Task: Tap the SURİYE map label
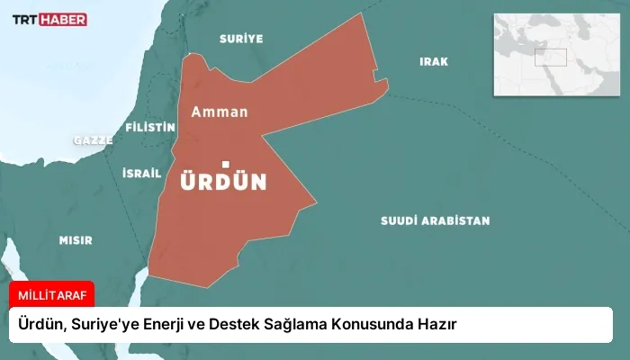point(241,39)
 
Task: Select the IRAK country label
point(433,61)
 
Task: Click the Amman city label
point(219,112)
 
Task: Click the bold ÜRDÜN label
point(223,182)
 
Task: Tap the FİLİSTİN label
point(150,127)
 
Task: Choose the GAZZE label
point(93,140)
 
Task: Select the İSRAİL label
point(141,173)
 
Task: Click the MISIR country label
point(76,240)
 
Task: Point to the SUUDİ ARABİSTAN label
point(435,220)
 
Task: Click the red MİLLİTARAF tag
point(51,295)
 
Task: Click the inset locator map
point(555,55)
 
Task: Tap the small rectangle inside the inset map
point(551,56)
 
